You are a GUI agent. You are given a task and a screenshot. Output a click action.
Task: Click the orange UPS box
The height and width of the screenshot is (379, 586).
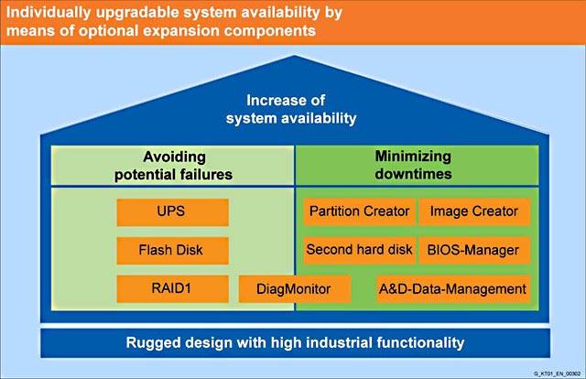[x=172, y=211]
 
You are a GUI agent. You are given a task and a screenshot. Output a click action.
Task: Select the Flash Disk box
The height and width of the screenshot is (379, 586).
[x=172, y=250]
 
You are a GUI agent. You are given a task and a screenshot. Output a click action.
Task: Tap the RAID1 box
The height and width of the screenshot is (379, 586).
[x=172, y=288]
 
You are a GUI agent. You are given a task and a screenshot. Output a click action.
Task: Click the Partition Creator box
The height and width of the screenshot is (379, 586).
[x=359, y=211]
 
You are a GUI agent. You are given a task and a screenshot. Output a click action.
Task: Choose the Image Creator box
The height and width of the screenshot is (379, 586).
[x=474, y=211]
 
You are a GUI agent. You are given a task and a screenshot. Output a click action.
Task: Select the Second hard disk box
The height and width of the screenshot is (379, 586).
[x=359, y=249]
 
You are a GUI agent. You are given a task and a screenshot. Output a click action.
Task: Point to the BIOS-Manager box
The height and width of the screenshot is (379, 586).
[x=474, y=249]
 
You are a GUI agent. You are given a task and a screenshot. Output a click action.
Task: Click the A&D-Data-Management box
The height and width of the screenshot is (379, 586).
[x=452, y=289]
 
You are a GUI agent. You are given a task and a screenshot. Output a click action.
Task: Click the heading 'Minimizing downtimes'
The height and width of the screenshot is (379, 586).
[x=416, y=165]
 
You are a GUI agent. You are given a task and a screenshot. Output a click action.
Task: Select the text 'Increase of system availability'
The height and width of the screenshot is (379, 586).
[x=292, y=109]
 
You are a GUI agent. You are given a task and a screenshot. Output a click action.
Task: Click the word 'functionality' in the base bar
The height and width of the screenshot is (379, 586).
[x=421, y=343]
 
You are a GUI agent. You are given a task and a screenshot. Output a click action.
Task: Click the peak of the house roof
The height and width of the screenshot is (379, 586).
[x=293, y=57]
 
